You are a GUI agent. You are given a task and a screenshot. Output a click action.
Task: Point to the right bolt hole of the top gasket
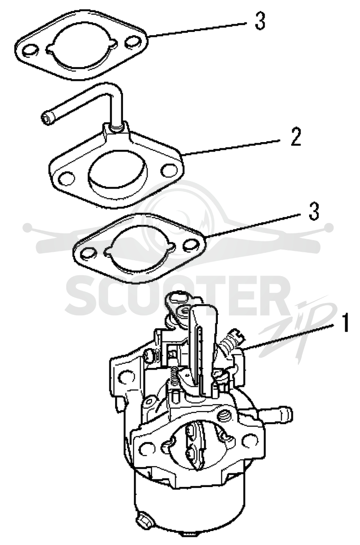click(133, 41)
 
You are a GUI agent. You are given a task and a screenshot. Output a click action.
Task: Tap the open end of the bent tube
click(47, 118)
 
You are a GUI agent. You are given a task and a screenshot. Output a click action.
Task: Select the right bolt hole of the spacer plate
click(169, 170)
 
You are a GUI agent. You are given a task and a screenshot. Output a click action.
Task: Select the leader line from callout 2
click(231, 147)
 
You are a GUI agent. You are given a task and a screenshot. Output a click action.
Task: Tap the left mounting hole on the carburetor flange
click(147, 448)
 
